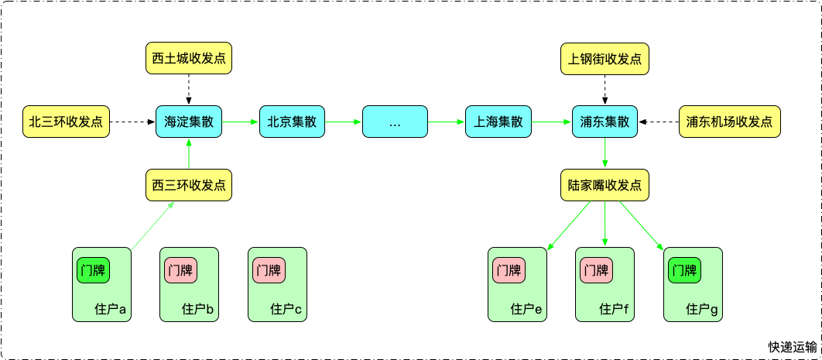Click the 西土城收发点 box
[x=189, y=59]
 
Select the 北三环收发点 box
[x=66, y=122]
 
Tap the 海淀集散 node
[x=189, y=122]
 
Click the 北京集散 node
[x=293, y=122]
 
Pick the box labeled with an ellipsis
[x=395, y=122]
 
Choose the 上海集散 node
[x=498, y=122]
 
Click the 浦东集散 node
[x=605, y=122]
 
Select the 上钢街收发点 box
[x=605, y=59]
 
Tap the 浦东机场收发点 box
[x=729, y=122]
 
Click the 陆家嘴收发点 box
[x=605, y=186]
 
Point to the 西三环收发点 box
[x=189, y=186]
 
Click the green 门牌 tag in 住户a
[x=93, y=270]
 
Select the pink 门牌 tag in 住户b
[x=180, y=270]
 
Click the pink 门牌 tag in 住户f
[x=596, y=270]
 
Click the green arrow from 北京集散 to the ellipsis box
[x=344, y=122]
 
